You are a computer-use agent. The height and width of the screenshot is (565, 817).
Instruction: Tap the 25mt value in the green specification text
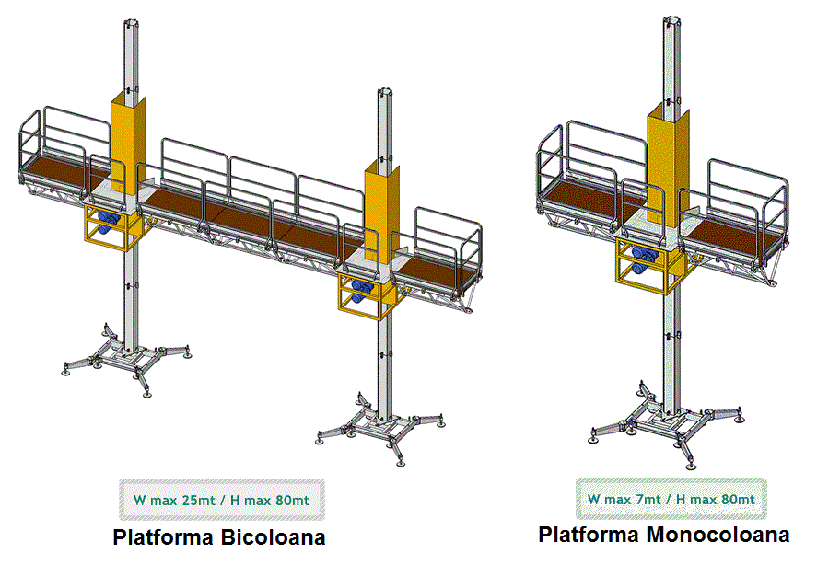[x=199, y=501]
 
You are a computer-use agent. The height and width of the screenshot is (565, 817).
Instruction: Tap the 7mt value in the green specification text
[x=649, y=500]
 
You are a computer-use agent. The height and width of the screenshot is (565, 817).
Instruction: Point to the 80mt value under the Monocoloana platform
[x=738, y=500]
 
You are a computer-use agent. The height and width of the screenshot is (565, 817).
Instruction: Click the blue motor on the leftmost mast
[x=108, y=222]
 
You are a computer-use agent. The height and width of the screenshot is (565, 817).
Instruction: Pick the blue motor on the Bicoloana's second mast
[x=360, y=291]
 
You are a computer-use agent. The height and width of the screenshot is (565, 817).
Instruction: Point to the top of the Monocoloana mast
[x=672, y=21]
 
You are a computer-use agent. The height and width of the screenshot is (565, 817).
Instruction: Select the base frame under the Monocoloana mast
[x=669, y=423]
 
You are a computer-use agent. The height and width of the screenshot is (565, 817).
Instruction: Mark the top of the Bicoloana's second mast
[x=385, y=92]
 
